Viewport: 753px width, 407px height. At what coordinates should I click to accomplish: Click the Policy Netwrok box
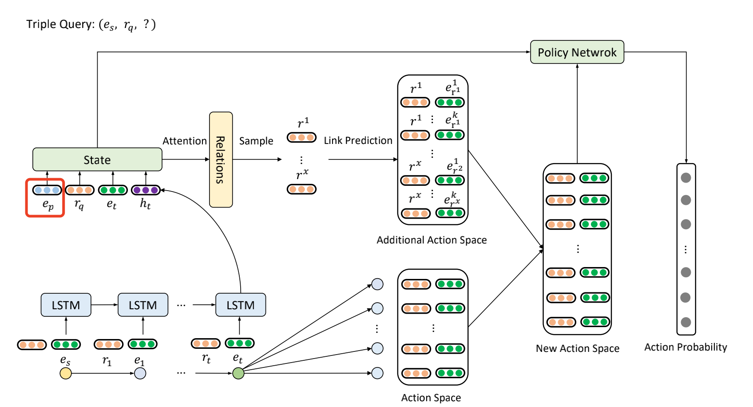(x=577, y=52)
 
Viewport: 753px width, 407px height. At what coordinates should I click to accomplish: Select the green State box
(x=97, y=160)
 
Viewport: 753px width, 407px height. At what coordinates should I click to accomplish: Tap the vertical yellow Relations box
(x=221, y=160)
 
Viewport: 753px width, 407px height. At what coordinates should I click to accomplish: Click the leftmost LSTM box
(x=66, y=305)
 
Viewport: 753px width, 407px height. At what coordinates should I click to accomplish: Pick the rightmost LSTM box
(x=240, y=305)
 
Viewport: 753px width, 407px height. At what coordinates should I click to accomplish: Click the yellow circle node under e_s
(x=66, y=373)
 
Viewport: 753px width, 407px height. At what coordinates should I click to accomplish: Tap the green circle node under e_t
(x=238, y=373)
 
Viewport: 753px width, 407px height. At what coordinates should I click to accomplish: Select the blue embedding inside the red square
(x=47, y=190)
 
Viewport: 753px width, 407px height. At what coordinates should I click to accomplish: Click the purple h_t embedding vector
(x=146, y=190)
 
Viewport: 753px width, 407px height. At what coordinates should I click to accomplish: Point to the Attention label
(x=184, y=141)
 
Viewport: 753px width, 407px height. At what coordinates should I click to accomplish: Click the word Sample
(x=256, y=141)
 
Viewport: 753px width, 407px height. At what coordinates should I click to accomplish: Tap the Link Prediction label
(x=358, y=140)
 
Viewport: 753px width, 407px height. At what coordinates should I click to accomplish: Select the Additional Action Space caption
(x=432, y=240)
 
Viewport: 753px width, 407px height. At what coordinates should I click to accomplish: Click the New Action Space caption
(x=577, y=348)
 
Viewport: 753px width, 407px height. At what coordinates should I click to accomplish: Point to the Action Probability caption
(x=686, y=347)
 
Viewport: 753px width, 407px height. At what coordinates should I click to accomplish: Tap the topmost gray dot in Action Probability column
(x=686, y=178)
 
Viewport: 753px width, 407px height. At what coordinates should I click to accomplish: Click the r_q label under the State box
(x=79, y=204)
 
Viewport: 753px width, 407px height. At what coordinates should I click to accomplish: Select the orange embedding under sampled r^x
(x=301, y=189)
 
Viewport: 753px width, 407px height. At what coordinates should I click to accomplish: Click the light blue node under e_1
(x=140, y=373)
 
